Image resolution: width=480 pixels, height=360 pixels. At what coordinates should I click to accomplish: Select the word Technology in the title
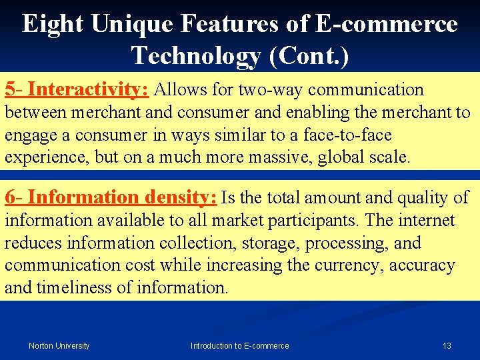pyautogui.click(x=195, y=55)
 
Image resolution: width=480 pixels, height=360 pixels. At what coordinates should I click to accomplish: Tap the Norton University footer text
pyautogui.click(x=59, y=345)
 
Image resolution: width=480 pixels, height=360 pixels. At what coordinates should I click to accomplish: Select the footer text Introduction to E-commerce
pyautogui.click(x=240, y=345)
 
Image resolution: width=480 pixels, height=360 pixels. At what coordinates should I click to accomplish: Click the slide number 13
pyautogui.click(x=447, y=345)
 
